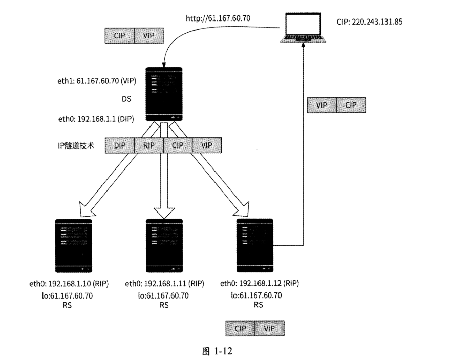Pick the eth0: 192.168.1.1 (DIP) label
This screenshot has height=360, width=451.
[96, 118]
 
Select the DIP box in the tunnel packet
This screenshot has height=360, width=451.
[120, 145]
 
